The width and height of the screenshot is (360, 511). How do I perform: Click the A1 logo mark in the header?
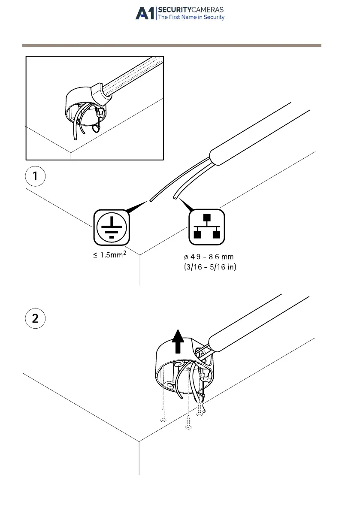[x=145, y=13]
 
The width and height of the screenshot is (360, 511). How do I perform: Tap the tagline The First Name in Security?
[x=191, y=18]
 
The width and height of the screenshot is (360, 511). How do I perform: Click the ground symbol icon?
[x=112, y=226]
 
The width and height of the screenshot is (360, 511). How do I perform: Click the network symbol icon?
[x=207, y=226]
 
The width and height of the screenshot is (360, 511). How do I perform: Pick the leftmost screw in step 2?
[x=163, y=415]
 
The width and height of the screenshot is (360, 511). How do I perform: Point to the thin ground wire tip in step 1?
[x=151, y=200]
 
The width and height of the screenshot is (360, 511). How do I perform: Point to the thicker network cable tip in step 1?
[x=175, y=197]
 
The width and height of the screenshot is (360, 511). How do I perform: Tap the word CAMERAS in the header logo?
[x=206, y=9]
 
